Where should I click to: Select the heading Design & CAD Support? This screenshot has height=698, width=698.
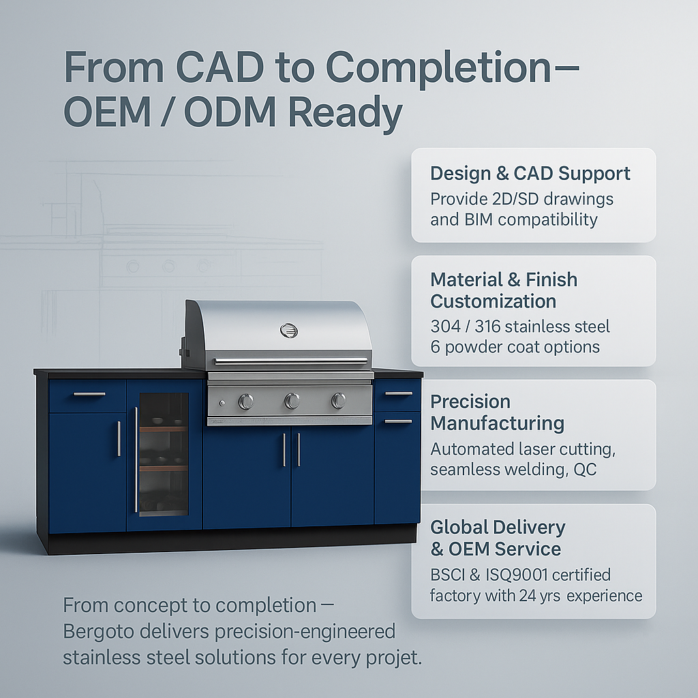click(x=530, y=173)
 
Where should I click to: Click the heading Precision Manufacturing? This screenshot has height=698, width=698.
click(x=497, y=412)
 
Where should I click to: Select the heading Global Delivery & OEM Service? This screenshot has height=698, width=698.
click(x=497, y=538)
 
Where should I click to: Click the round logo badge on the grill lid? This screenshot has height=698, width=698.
click(x=289, y=331)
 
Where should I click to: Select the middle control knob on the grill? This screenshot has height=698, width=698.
click(x=292, y=401)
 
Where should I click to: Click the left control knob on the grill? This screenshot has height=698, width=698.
click(x=246, y=401)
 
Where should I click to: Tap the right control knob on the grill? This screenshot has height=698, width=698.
click(x=338, y=401)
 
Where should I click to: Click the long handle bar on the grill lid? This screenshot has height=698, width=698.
click(x=290, y=361)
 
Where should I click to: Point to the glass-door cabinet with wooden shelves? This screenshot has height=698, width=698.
click(x=164, y=453)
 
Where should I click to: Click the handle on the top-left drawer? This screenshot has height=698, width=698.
click(x=89, y=394)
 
